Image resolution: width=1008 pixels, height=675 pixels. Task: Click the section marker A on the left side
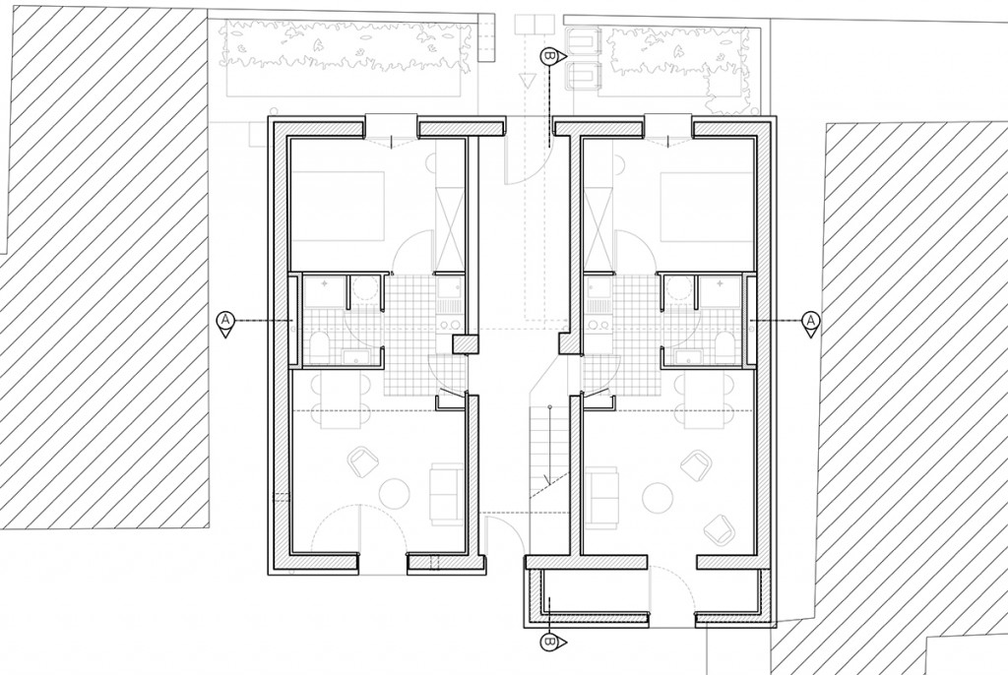(x=225, y=321)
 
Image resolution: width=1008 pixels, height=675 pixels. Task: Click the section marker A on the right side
(x=811, y=321)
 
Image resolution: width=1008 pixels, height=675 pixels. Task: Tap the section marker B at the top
(x=549, y=57)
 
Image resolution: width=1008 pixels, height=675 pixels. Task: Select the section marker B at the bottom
(x=549, y=643)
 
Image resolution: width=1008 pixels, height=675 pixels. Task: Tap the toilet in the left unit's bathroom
(x=321, y=344)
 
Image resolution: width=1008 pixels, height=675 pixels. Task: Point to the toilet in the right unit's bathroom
(x=724, y=344)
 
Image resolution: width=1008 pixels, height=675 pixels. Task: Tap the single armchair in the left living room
(x=363, y=459)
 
